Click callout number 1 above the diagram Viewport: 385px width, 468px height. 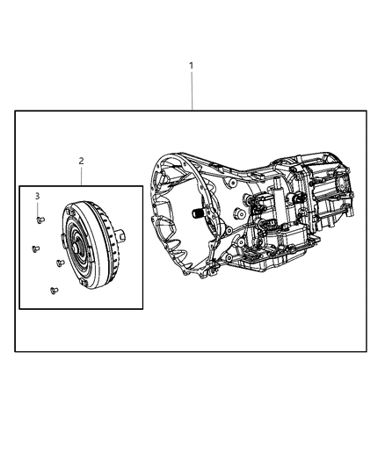tap(192, 66)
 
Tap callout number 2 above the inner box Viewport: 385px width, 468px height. tap(81, 162)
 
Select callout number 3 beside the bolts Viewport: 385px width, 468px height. tap(38, 196)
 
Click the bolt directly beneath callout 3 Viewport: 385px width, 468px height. tap(39, 220)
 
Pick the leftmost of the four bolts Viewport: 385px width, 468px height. tap(34, 248)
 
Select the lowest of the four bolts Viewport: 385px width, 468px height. tap(53, 291)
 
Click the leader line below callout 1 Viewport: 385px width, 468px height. tap(192, 91)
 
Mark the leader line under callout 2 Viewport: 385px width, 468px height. tap(81, 176)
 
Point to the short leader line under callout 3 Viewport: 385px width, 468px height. tap(38, 207)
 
